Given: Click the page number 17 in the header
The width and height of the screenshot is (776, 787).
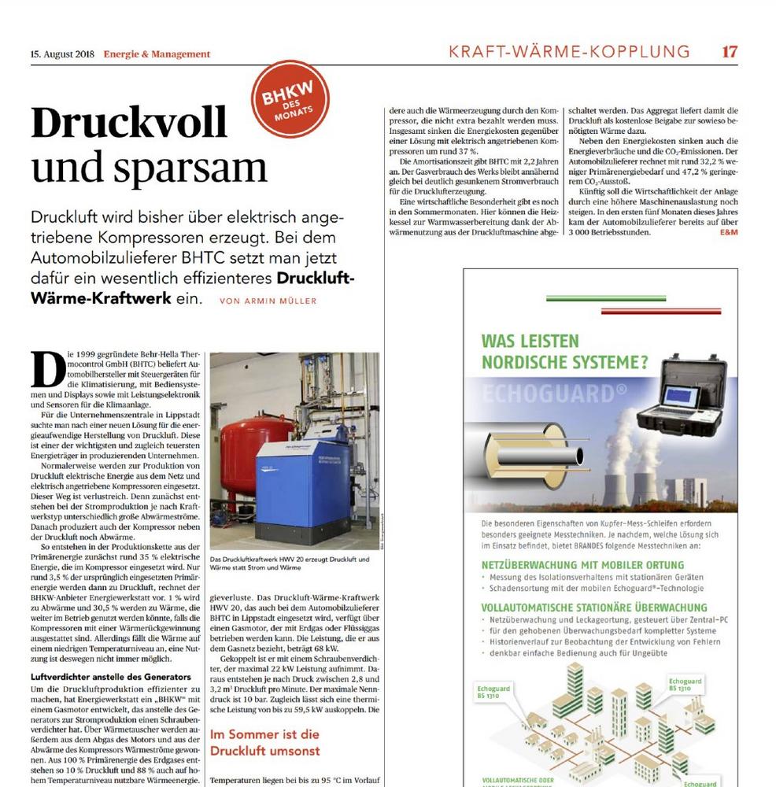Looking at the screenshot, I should tap(730, 52).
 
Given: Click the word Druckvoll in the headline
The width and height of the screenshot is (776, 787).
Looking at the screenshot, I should tap(129, 124).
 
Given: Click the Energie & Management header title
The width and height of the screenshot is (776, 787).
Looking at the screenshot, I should tap(157, 54).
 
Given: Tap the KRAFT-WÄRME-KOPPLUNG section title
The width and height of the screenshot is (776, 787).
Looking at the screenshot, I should tap(568, 52).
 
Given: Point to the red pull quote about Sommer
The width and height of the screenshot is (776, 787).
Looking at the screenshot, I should tap(264, 742).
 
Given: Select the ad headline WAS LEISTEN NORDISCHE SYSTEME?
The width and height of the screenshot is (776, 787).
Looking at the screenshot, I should tap(564, 352).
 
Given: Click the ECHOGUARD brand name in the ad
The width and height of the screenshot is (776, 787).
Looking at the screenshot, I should tap(543, 391).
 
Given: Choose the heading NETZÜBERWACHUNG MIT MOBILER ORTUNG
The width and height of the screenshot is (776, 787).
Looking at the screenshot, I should tap(582, 564).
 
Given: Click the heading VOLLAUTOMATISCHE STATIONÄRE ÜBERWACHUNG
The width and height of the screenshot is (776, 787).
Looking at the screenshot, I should tap(594, 608).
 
